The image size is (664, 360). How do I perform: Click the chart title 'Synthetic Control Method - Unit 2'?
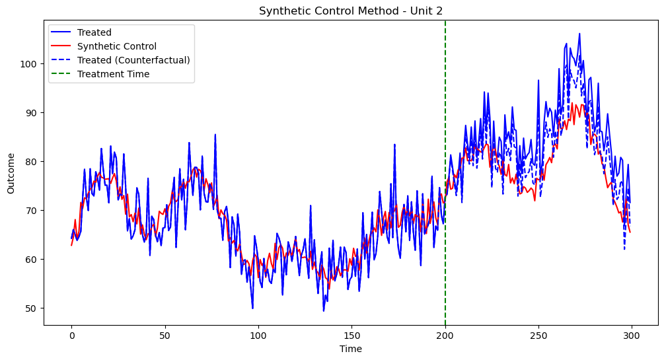(351, 11)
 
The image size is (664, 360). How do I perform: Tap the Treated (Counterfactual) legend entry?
(133, 60)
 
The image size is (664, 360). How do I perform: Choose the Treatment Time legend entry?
(113, 74)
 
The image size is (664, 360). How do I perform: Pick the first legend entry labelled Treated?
(94, 32)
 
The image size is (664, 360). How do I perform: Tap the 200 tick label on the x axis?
(445, 335)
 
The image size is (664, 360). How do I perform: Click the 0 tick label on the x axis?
(71, 335)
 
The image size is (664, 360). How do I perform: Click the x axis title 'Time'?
(351, 349)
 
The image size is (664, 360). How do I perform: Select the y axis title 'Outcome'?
(11, 173)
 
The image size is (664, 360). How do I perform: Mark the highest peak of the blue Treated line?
(579, 34)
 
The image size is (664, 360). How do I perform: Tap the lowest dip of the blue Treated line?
(324, 310)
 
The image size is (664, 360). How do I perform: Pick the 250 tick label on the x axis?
(538, 335)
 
